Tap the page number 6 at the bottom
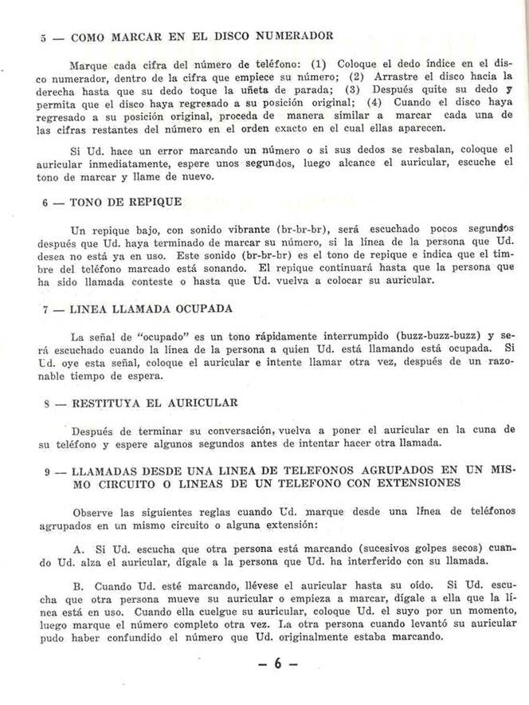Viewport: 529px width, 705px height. pos(280,663)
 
